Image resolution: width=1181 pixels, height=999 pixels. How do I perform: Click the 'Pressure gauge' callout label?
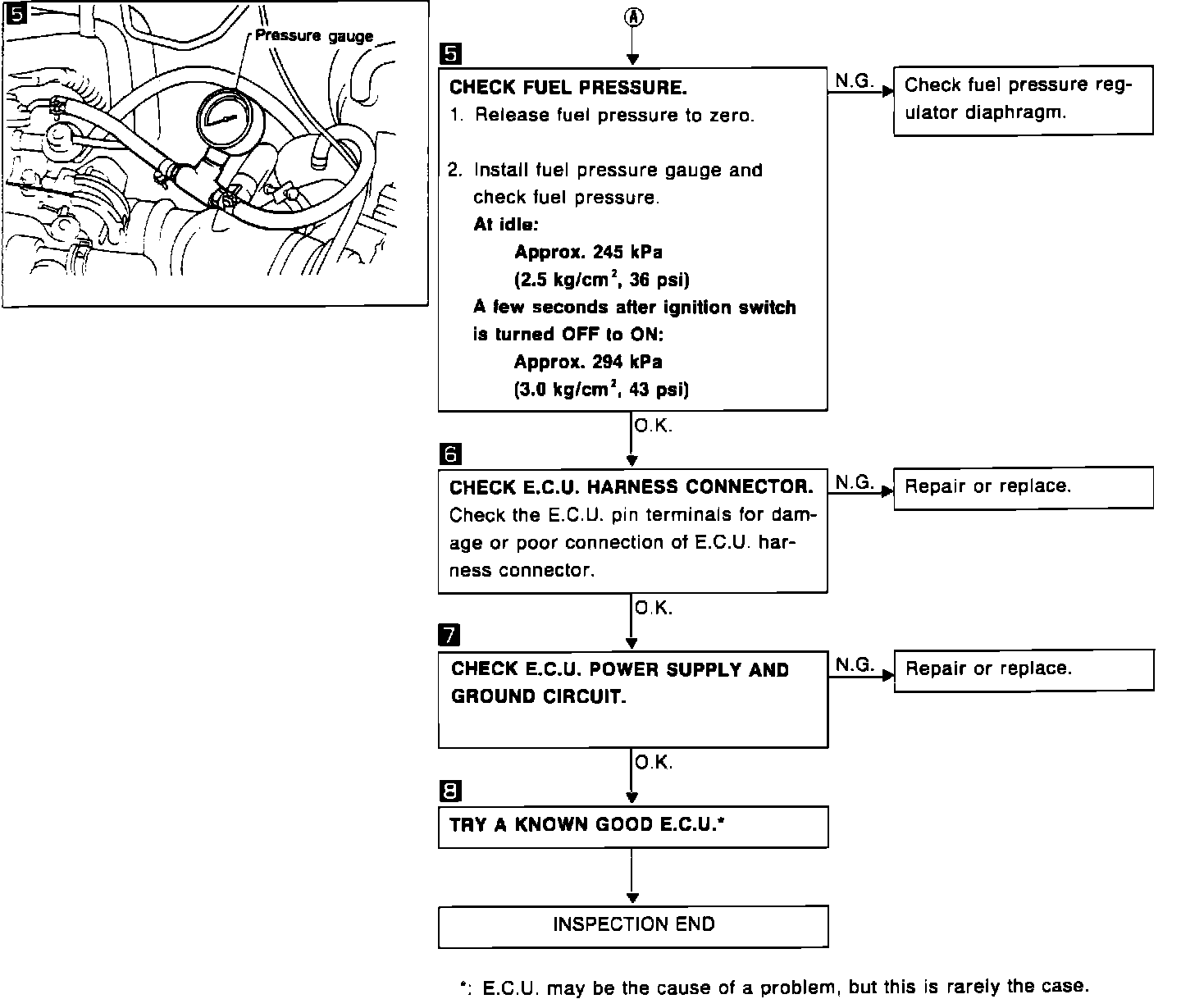(314, 36)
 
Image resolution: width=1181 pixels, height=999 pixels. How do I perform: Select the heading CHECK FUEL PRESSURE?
(568, 87)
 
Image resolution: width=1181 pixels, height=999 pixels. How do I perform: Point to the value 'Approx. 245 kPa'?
(588, 252)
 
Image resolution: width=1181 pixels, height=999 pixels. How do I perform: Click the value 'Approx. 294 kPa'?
(588, 362)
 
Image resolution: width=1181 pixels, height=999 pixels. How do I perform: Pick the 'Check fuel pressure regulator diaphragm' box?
(1023, 99)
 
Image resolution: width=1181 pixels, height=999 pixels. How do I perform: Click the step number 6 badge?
(451, 454)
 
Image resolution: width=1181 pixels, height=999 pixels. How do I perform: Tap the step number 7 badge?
(451, 635)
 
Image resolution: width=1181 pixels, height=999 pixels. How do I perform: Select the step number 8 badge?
(451, 791)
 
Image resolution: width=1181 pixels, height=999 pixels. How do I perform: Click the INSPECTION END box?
(633, 925)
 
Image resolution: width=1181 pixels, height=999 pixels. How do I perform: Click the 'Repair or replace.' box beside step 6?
(1023, 487)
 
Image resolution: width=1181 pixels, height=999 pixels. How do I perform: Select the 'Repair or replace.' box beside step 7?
(1023, 669)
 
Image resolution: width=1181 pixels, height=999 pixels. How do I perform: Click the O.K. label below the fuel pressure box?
(653, 427)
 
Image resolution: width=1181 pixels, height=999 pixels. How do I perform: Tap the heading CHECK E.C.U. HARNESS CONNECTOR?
(631, 487)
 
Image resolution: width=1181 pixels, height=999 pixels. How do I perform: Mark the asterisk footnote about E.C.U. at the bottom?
(774, 986)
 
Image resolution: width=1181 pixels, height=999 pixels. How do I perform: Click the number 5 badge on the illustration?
(15, 13)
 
